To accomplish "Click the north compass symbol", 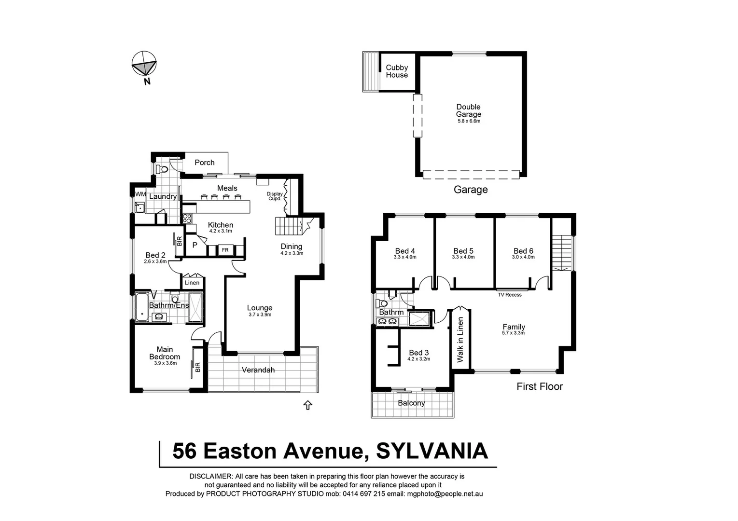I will [x=144, y=64].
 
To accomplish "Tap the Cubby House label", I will [x=397, y=71].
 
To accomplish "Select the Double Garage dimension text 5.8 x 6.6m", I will [x=469, y=121].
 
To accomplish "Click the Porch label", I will [x=205, y=163].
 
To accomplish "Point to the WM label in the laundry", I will [x=140, y=194].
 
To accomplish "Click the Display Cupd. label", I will [x=275, y=196].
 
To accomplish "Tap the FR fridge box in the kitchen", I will [x=225, y=250].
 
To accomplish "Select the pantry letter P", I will [x=195, y=246].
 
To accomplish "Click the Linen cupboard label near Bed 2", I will [x=192, y=283].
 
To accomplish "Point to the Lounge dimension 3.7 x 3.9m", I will [x=260, y=315].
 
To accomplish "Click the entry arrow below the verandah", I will [x=307, y=405].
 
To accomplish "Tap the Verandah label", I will [x=258, y=370].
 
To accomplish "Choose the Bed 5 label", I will [x=463, y=251].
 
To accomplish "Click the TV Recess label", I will [x=510, y=295].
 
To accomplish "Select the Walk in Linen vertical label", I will [x=460, y=340].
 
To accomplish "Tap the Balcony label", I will [x=411, y=403].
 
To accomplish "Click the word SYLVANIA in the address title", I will [x=432, y=451].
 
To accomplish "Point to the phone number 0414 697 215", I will [x=363, y=494].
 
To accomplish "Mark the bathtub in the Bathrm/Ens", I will [x=142, y=307].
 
